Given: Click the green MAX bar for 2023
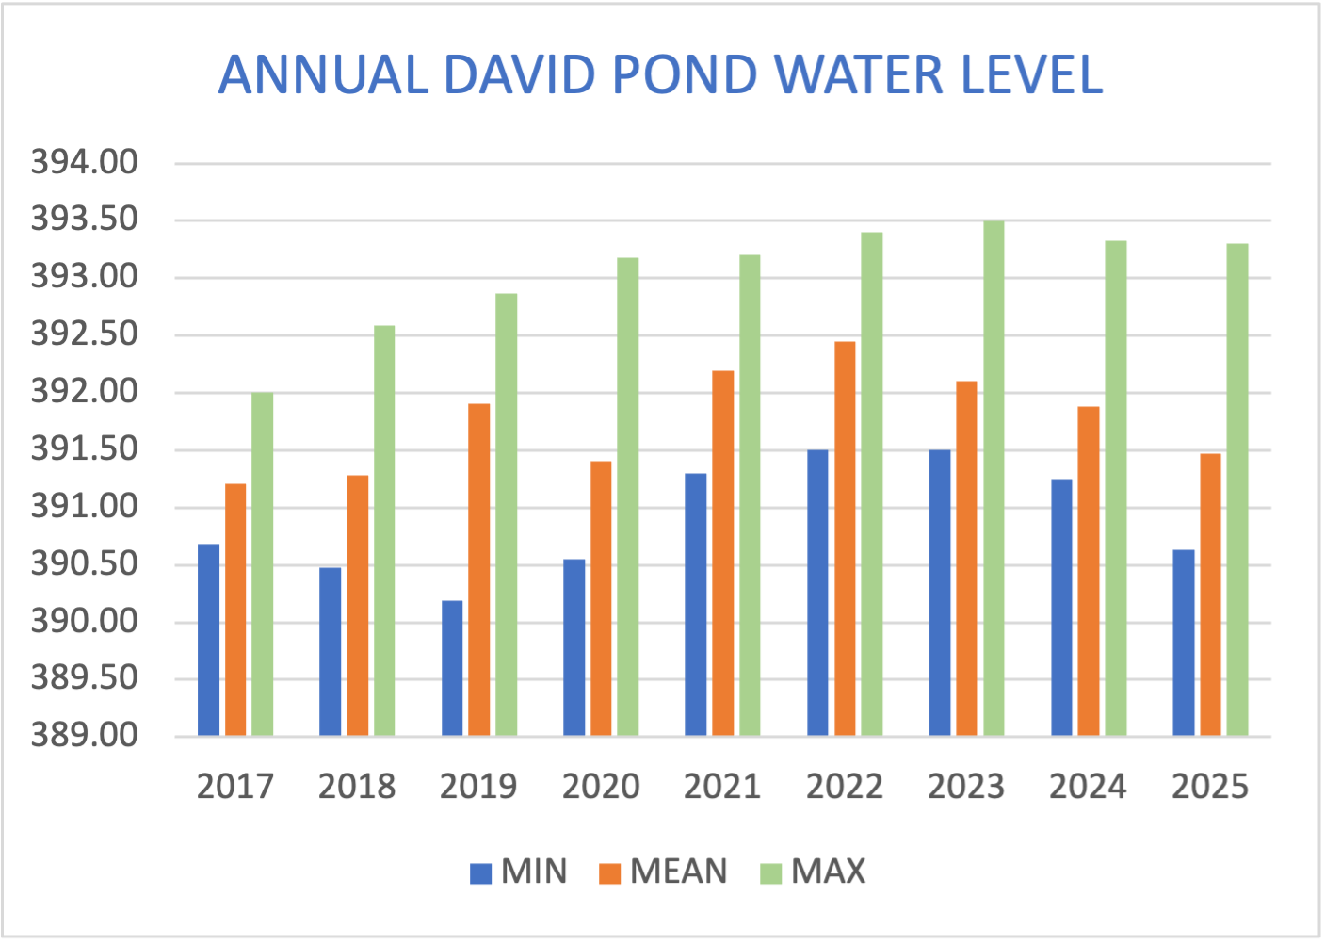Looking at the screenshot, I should [994, 479].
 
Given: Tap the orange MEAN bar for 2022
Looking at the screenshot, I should [845, 538].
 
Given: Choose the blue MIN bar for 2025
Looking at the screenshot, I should [1183, 643].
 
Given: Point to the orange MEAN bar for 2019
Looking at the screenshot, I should [479, 570].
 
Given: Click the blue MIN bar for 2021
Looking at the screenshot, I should [695, 604].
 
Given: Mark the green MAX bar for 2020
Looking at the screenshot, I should [628, 497].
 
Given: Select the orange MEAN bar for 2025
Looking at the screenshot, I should [1210, 595].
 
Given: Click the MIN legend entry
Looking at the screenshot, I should [519, 872].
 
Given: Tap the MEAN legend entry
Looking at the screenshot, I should [664, 872].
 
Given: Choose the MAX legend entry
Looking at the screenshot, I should [813, 872].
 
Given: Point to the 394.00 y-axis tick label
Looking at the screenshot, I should [85, 163].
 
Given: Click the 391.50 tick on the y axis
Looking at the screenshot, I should [85, 449].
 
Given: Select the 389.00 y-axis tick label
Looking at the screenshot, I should [85, 735].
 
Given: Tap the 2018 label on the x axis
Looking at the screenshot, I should [357, 787].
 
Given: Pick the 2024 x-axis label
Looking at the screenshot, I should [1088, 787].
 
